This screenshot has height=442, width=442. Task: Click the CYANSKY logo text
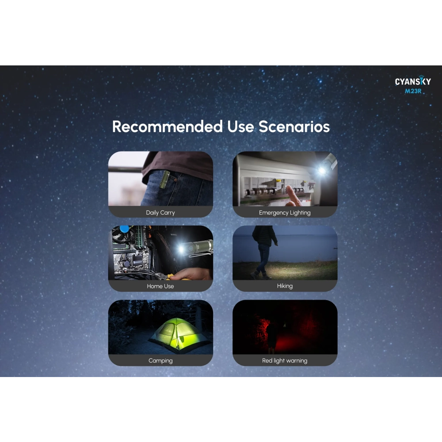pos(413,81)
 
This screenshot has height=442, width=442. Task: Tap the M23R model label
pos(413,91)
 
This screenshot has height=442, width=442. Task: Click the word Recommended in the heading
pos(168,126)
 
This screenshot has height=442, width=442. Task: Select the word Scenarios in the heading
pos(294,126)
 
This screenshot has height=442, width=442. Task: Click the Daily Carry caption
pos(160,213)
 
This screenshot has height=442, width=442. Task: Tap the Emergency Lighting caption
pos(285,213)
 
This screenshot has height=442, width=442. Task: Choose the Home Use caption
pos(160,286)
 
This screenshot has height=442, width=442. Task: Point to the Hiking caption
pos(285,286)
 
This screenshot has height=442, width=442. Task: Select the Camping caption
pos(160,361)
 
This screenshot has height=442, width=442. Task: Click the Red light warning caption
pos(285,361)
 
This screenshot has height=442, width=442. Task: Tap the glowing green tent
pos(178,335)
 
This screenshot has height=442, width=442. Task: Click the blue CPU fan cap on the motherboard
pos(124,229)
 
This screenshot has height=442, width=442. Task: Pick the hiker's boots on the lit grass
pos(260,275)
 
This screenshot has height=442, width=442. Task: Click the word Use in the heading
pos(240,126)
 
